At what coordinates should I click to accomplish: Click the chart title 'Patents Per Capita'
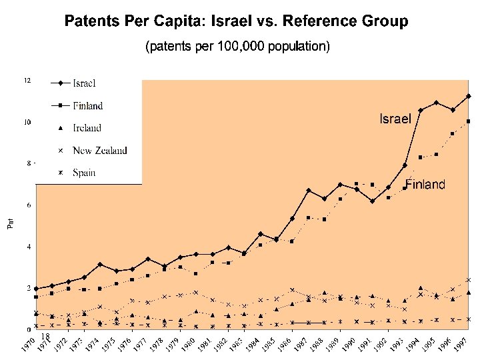pyautogui.click(x=236, y=22)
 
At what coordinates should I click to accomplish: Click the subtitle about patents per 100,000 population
pyautogui.click(x=237, y=47)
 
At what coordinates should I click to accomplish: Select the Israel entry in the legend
pyautogui.click(x=84, y=83)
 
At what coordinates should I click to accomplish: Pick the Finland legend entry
pyautogui.click(x=87, y=105)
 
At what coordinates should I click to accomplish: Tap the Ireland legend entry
pyautogui.click(x=87, y=128)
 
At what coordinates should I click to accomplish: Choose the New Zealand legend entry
pyautogui.click(x=99, y=151)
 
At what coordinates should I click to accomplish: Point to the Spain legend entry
pyautogui.click(x=84, y=173)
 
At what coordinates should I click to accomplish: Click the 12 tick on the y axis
pyautogui.click(x=27, y=81)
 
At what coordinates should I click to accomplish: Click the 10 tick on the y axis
pyautogui.click(x=27, y=122)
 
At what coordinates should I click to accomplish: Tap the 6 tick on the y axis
pyautogui.click(x=29, y=205)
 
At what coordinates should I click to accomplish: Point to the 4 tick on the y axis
pyautogui.click(x=29, y=247)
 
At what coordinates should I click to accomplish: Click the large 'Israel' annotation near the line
pyautogui.click(x=395, y=119)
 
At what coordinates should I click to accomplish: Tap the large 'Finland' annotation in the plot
pyautogui.click(x=425, y=185)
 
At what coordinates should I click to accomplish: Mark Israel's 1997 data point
pyautogui.click(x=469, y=96)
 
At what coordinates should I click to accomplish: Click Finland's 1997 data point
pyautogui.click(x=469, y=121)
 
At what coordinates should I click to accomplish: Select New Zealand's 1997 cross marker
pyautogui.click(x=469, y=280)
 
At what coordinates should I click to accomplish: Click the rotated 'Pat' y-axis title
pyautogui.click(x=10, y=223)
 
